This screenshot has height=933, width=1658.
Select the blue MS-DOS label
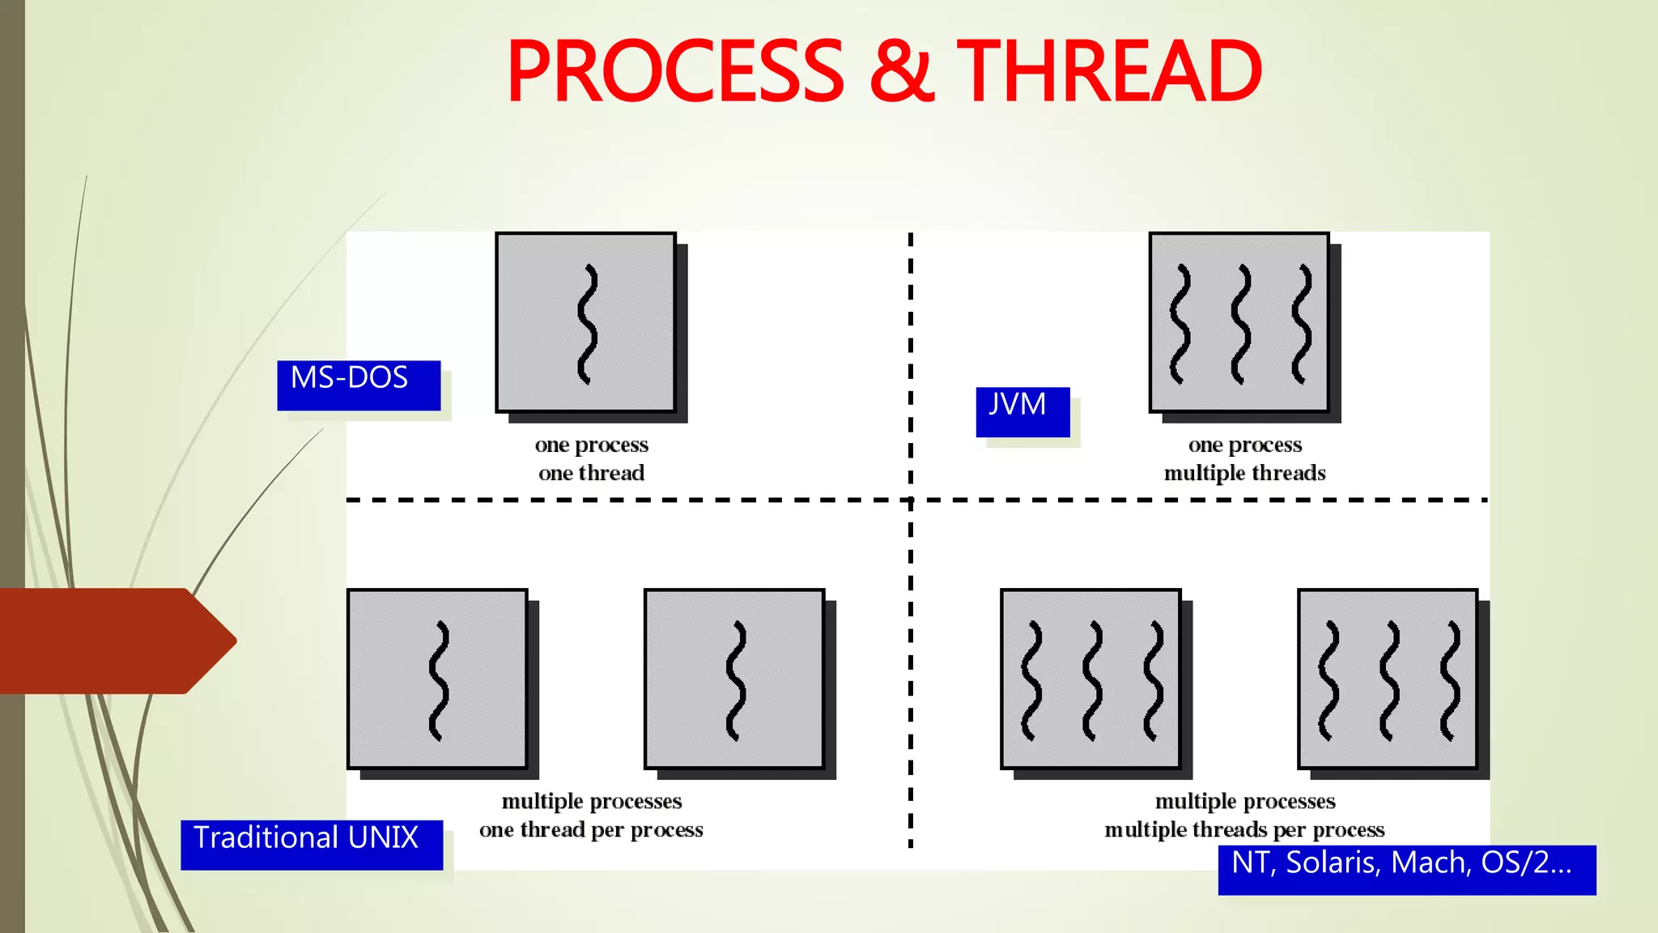(x=359, y=385)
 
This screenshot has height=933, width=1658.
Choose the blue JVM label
(x=1022, y=411)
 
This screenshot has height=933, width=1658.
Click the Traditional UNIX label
(x=312, y=845)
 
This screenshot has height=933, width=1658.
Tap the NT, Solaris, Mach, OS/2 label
(x=1406, y=870)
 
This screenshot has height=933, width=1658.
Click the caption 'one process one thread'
(x=591, y=458)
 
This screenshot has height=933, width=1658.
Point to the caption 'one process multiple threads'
(x=1245, y=458)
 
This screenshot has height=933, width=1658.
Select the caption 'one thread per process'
(x=591, y=829)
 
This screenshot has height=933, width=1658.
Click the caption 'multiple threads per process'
(x=1245, y=829)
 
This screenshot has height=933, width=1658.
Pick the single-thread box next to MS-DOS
(x=585, y=322)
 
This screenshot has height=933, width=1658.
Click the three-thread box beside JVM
(x=1239, y=322)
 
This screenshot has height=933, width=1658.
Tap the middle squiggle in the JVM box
(x=1240, y=324)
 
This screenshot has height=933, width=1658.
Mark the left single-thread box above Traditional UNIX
(x=437, y=679)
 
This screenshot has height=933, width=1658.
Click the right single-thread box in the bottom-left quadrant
(x=734, y=679)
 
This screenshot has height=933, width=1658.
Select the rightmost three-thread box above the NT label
(x=1388, y=679)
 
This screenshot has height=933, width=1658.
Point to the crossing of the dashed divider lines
(x=911, y=500)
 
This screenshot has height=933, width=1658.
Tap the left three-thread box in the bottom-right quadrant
(x=1090, y=679)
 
